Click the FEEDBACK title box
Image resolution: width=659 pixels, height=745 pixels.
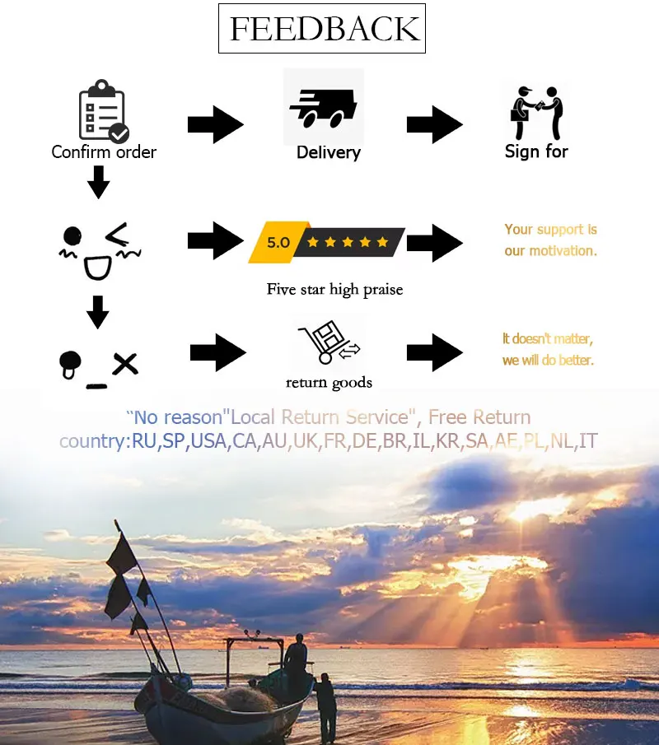click(322, 29)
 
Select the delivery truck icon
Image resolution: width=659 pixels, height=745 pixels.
click(322, 108)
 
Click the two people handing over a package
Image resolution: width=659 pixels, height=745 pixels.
click(536, 111)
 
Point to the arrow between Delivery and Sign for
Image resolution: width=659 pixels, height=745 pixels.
click(434, 125)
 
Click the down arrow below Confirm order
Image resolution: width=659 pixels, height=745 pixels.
click(99, 183)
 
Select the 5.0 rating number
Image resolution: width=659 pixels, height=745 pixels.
click(278, 242)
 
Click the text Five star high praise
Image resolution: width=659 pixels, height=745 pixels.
click(334, 289)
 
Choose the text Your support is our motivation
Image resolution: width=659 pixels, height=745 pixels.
click(550, 240)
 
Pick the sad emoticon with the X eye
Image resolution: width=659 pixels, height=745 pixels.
click(97, 366)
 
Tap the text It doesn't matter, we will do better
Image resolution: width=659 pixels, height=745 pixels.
click(548, 349)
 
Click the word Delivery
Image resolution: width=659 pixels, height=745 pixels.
click(329, 152)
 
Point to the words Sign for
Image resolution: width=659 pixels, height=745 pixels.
click(536, 151)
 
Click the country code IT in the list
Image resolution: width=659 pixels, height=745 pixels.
click(588, 441)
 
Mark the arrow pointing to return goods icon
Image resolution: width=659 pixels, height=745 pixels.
click(218, 352)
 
